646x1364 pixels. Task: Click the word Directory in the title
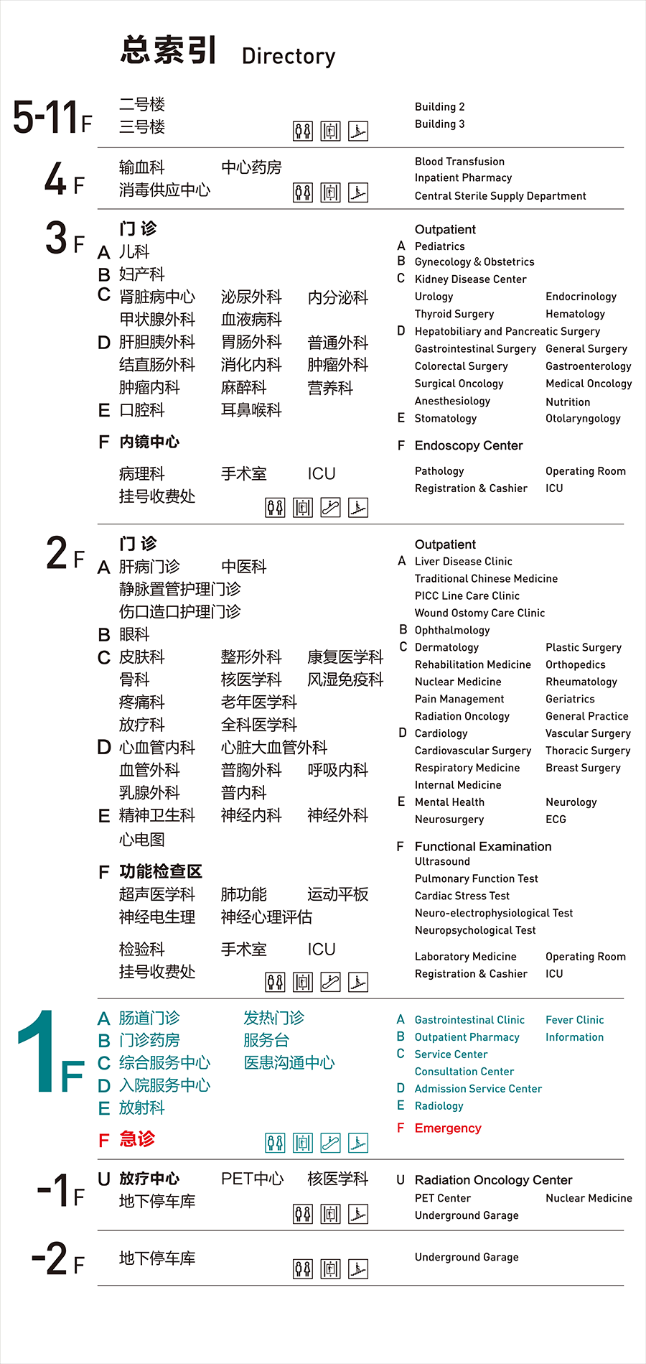pyautogui.click(x=289, y=56)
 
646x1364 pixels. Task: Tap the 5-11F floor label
pyautogui.click(x=52, y=117)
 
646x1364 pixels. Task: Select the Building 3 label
pyautogui.click(x=439, y=124)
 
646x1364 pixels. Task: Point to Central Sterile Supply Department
pyautogui.click(x=500, y=196)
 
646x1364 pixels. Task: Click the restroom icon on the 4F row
pyautogui.click(x=303, y=192)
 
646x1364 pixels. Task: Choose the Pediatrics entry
pyautogui.click(x=439, y=246)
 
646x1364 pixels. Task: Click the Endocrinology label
pyautogui.click(x=581, y=297)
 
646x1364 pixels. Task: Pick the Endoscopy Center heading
pyautogui.click(x=468, y=445)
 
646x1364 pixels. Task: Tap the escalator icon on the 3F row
pyautogui.click(x=330, y=508)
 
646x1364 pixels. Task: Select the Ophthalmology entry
pyautogui.click(x=452, y=630)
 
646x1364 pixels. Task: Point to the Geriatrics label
pyautogui.click(x=570, y=699)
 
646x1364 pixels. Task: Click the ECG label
pyautogui.click(x=556, y=820)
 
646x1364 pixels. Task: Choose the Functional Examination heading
pyautogui.click(x=483, y=847)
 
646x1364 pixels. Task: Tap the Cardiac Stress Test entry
pyautogui.click(x=462, y=896)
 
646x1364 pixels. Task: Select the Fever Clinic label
pyautogui.click(x=574, y=1020)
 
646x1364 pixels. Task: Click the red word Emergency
pyautogui.click(x=448, y=1128)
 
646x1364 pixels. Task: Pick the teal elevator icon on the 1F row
pyautogui.click(x=303, y=1142)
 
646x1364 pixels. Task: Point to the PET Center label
pyautogui.click(x=443, y=1198)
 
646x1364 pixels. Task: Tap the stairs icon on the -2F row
pyautogui.click(x=357, y=1268)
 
